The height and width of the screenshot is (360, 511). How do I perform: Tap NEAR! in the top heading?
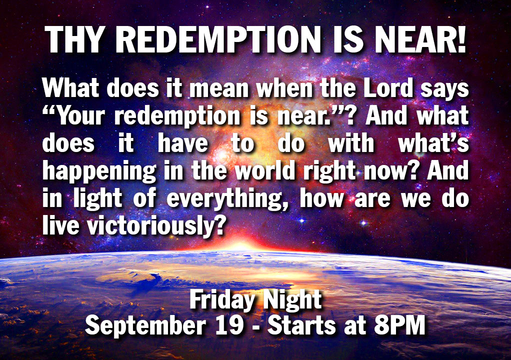[x=420, y=39]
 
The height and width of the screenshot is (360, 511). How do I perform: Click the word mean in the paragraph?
[x=219, y=88]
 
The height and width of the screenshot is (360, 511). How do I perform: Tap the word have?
[x=183, y=143]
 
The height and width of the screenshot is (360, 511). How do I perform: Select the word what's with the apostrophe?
[x=434, y=143]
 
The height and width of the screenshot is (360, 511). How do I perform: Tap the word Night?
[x=292, y=300]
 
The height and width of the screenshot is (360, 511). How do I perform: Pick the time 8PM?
[x=399, y=325]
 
